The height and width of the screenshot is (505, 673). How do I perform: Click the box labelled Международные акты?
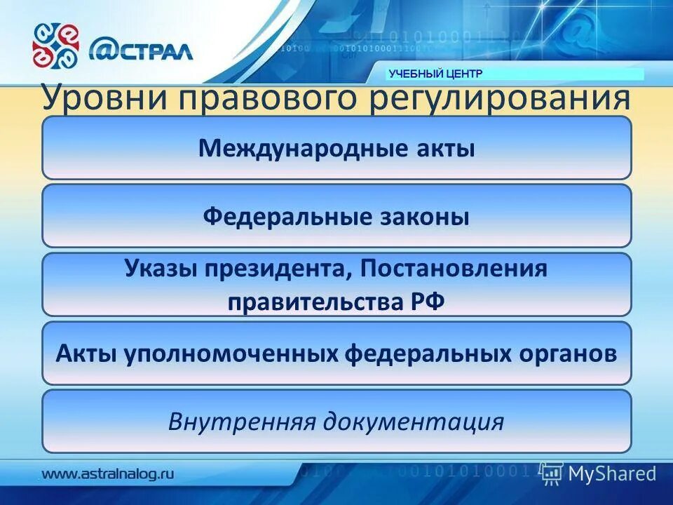point(336,149)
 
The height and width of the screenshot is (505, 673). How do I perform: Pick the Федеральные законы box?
point(336,217)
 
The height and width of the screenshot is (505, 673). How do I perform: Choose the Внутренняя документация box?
point(336,422)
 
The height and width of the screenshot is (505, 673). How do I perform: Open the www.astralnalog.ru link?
point(108,473)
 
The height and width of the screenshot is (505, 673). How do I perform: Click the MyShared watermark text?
point(612,473)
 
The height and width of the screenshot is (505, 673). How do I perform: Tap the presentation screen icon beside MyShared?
point(552,473)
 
